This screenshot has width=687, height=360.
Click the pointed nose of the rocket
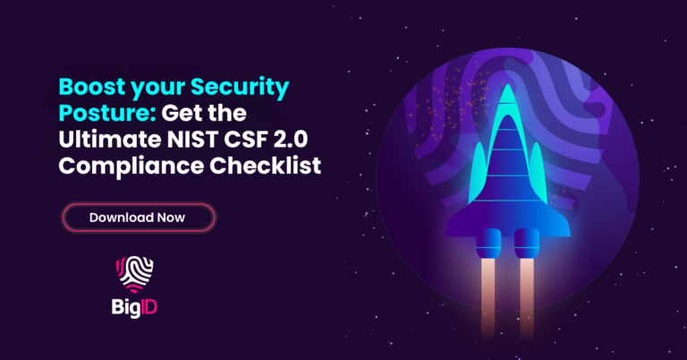507,93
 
